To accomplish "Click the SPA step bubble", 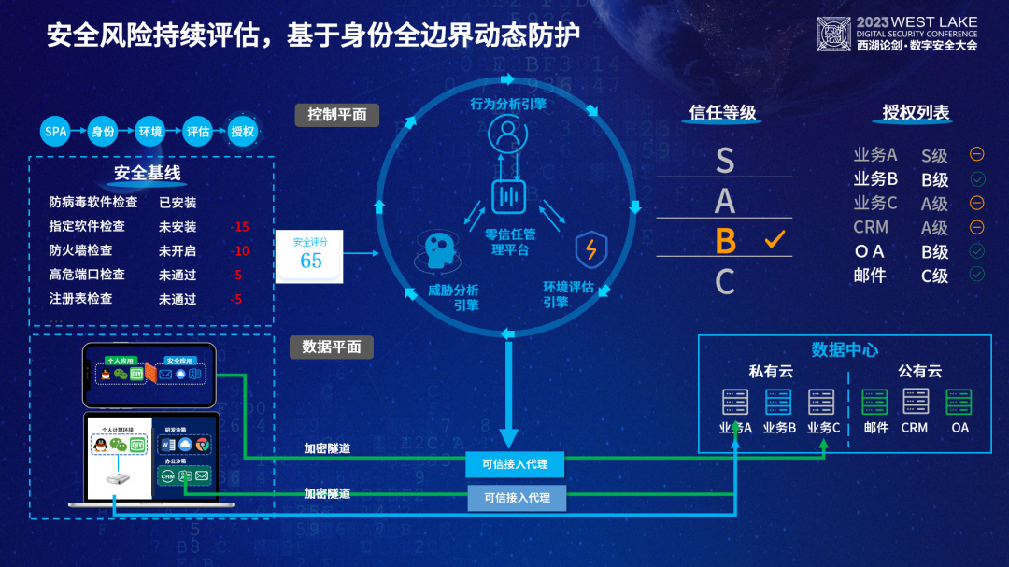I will (56, 132).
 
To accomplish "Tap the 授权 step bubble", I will (243, 132).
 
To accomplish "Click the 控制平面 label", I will (337, 115).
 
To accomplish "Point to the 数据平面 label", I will (332, 347).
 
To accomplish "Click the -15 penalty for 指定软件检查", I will (240, 227).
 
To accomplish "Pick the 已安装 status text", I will (178, 203).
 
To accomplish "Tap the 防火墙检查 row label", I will (80, 251).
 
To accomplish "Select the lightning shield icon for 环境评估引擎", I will (590, 249).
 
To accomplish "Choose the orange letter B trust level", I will (725, 241).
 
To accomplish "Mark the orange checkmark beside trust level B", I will (775, 240).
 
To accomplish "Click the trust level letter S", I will (725, 161).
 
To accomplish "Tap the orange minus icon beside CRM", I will (977, 227).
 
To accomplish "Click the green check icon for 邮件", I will (977, 275).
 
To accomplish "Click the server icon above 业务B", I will (779, 402).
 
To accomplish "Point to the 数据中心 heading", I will (845, 349).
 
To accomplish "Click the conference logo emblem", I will (834, 34).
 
